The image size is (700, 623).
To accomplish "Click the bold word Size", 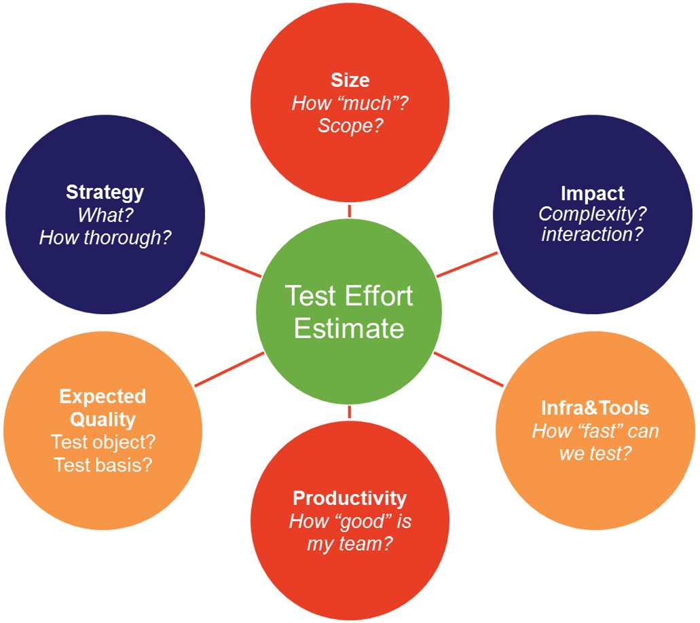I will point(350,80).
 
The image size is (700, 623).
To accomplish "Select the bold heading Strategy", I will point(105,192).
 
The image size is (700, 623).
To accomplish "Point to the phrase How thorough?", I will point(105,238).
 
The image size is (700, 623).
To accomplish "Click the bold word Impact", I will point(592,193).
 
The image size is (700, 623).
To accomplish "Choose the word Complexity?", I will point(592,214).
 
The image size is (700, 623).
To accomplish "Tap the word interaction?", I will point(592,235).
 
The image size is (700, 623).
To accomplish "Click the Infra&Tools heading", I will point(595,408).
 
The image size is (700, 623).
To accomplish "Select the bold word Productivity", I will point(350,498).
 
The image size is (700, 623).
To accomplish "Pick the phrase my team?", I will point(350,544).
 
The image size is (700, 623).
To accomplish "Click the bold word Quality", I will point(103,419).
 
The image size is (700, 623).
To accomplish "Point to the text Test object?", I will point(103,442).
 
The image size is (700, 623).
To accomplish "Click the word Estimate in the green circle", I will point(349,328).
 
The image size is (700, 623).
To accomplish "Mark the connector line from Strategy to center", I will point(231,265).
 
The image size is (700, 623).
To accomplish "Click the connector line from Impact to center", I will point(467,265).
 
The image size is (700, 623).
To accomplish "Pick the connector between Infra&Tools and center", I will point(468,370).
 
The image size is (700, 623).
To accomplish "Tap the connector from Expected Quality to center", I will point(229,370).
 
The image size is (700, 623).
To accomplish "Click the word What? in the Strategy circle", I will point(105,215).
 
